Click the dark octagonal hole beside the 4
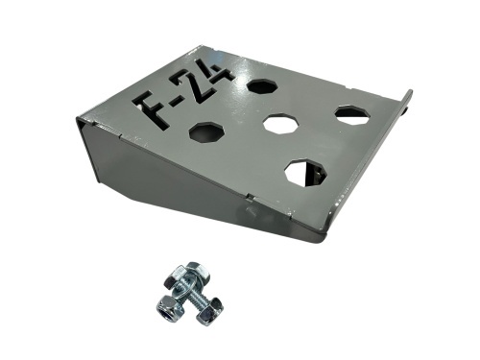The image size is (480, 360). click(262, 86)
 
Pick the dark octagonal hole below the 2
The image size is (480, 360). click(206, 132)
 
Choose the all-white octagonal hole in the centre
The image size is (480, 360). click(281, 123)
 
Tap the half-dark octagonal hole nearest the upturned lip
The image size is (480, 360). click(352, 114)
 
